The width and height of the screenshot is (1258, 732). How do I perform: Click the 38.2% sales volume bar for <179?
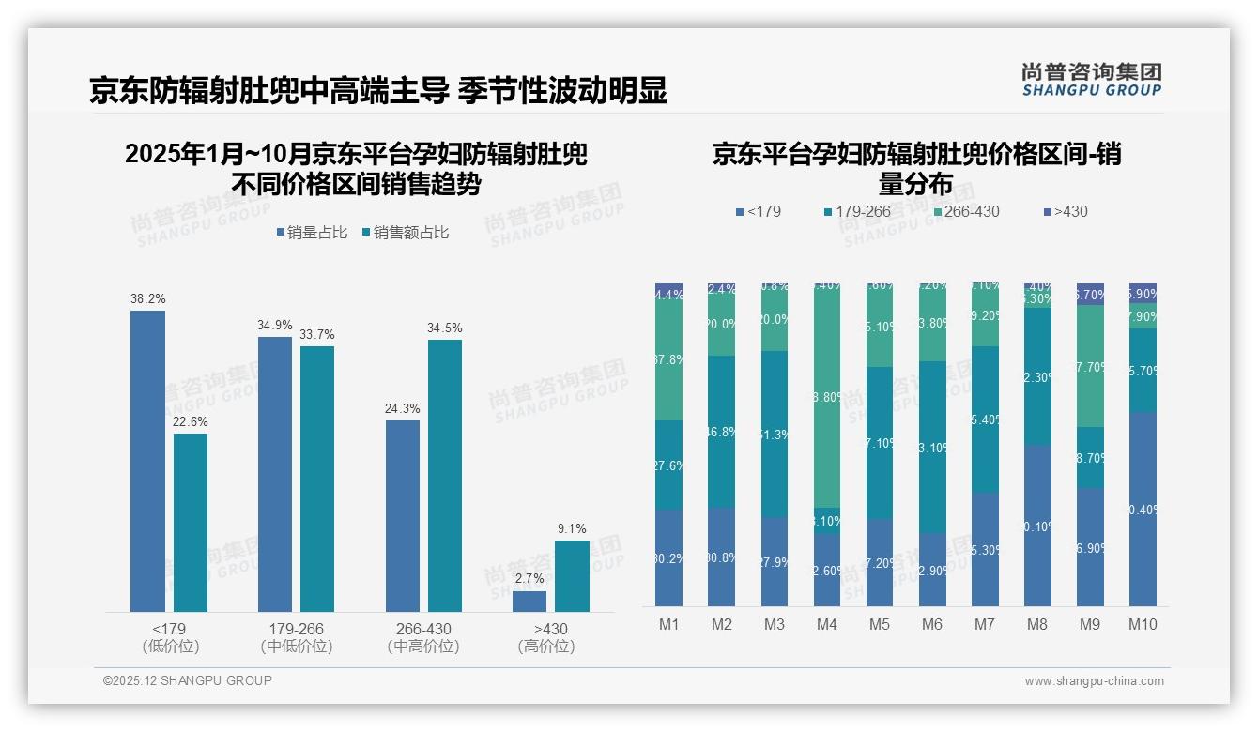click(x=147, y=461)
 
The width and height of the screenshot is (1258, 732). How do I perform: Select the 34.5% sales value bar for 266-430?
click(x=445, y=476)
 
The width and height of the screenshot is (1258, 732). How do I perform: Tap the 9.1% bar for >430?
click(x=572, y=576)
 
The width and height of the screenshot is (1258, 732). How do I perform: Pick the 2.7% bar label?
click(x=529, y=580)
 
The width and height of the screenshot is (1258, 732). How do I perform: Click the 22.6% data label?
click(x=191, y=422)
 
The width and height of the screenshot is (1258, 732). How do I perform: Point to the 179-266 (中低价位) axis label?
click(x=296, y=637)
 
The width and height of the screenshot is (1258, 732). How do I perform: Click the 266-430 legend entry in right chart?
click(x=965, y=212)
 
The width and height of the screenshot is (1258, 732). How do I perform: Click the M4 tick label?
click(x=827, y=624)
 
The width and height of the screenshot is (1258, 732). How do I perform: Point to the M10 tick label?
click(x=1143, y=624)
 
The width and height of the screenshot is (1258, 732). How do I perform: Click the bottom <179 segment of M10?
click(x=1143, y=510)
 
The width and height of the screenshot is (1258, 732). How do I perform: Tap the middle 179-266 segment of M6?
click(x=932, y=447)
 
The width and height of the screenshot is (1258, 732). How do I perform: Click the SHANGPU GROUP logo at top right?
click(x=1091, y=80)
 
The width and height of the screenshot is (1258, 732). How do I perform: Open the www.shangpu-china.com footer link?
click(x=1094, y=681)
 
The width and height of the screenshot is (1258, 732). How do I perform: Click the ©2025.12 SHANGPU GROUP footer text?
click(x=188, y=681)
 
